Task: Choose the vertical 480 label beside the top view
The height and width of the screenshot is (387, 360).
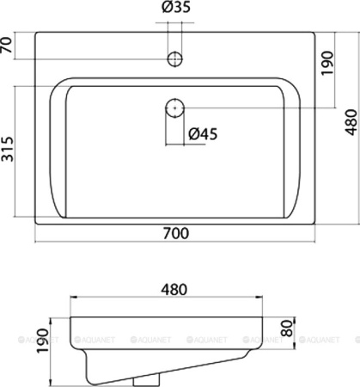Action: tap(348, 126)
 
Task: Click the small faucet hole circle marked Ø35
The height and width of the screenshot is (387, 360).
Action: tap(174, 58)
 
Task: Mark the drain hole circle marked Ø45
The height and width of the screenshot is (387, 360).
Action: tap(174, 108)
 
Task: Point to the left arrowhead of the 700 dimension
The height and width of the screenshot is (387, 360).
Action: tap(38, 241)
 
